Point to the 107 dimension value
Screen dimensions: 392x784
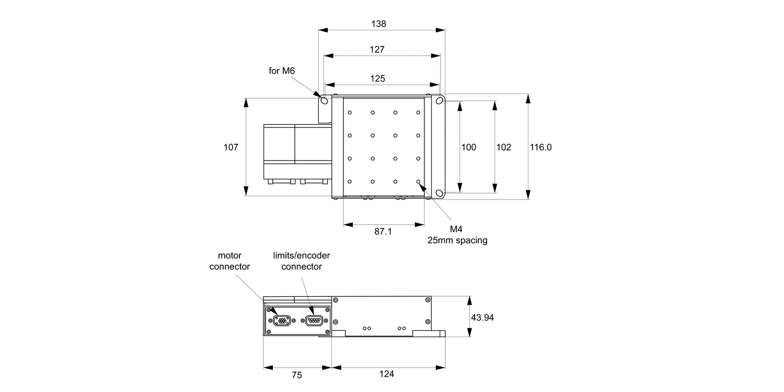pyautogui.click(x=231, y=147)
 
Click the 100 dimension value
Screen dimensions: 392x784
pyautogui.click(x=469, y=147)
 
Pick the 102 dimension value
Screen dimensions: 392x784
pyautogui.click(x=503, y=147)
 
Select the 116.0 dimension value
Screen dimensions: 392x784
pyautogui.click(x=541, y=147)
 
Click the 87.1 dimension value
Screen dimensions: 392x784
pyautogui.click(x=383, y=231)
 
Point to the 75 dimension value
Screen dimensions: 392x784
pyautogui.click(x=297, y=374)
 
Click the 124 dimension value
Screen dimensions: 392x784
pyautogui.click(x=387, y=374)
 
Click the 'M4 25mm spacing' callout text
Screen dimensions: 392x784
pyautogui.click(x=457, y=235)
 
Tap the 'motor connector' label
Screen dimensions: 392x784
pyautogui.click(x=229, y=261)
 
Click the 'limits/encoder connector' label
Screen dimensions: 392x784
pyautogui.click(x=302, y=261)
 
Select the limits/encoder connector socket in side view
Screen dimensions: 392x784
pyautogui.click(x=314, y=321)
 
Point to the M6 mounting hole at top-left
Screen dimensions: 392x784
pyautogui.click(x=324, y=100)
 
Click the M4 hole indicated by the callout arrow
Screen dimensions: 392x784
pyautogui.click(x=418, y=181)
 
